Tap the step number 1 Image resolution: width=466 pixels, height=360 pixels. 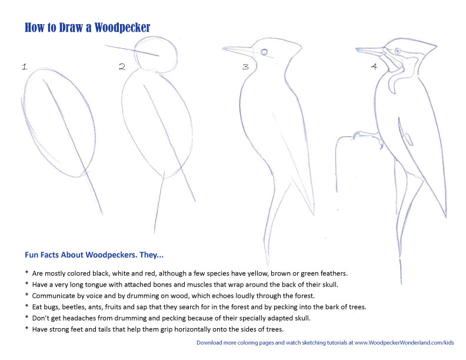(24, 67)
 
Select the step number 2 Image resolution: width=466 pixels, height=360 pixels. (122, 67)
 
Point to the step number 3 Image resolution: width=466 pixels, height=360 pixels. (245, 67)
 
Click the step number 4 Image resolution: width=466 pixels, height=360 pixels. (374, 66)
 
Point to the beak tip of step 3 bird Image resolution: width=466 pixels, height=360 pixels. (225, 48)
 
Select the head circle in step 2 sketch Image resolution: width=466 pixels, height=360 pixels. (156, 54)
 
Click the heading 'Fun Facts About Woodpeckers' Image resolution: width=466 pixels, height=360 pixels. (94, 255)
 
